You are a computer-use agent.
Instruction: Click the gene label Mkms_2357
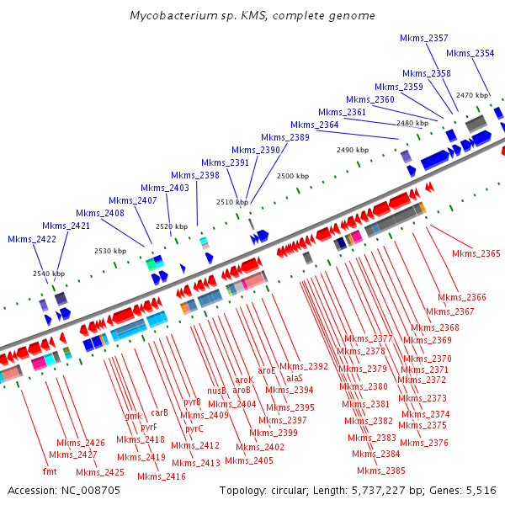coord(427,38)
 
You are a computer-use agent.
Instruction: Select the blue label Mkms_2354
coord(470,53)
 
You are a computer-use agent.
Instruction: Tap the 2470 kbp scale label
coord(472,95)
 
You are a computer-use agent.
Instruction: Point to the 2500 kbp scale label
coord(294,176)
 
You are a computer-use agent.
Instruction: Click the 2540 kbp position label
coord(49,274)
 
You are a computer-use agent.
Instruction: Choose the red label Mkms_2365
coord(476,253)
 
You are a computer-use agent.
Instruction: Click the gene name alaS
coord(295,379)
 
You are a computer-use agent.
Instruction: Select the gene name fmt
coord(50,471)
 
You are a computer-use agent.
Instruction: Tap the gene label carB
coord(160,412)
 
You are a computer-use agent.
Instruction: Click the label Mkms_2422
coord(31,239)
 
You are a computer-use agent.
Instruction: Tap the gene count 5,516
coord(481,490)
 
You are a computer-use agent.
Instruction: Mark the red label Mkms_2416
coord(161,476)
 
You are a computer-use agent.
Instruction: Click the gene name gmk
coord(133,417)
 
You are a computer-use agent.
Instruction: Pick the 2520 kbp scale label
coord(172,226)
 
